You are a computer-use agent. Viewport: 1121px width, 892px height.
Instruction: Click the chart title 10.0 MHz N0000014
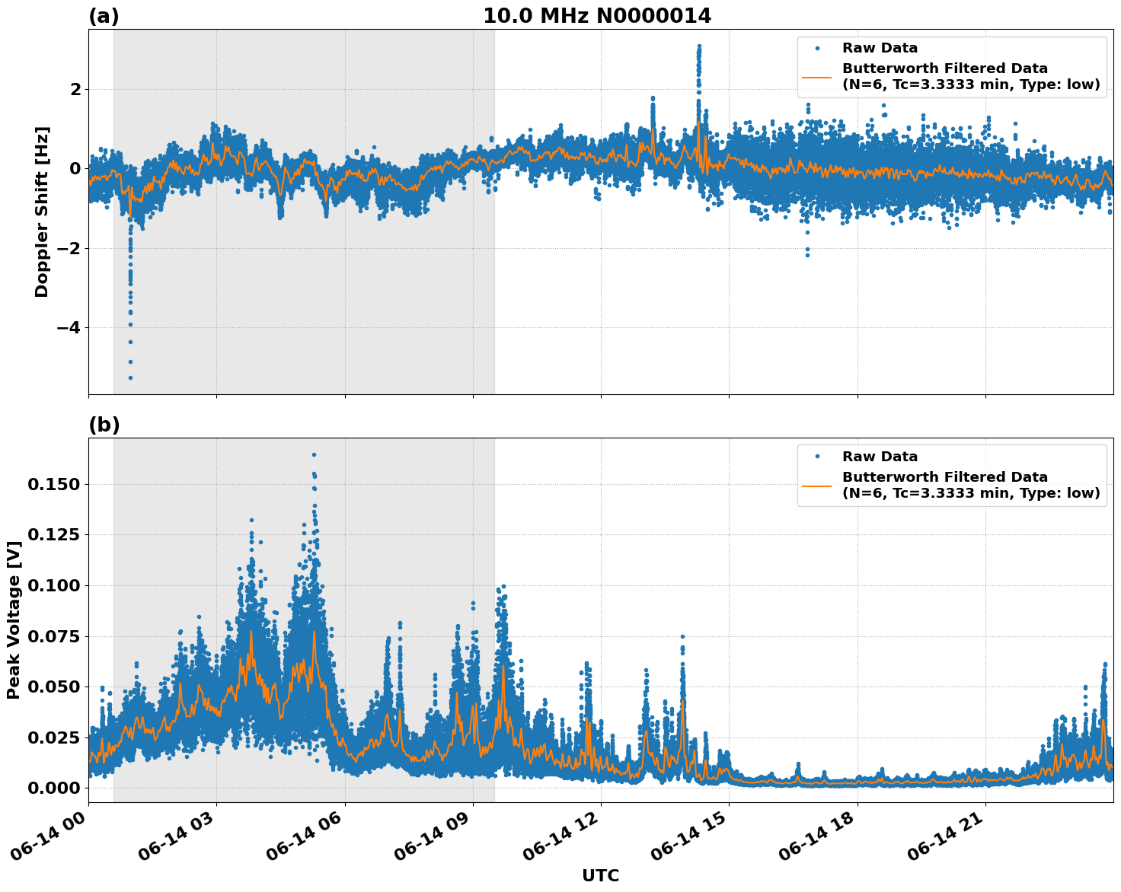[597, 16]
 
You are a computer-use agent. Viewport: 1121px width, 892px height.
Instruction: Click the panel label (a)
[104, 16]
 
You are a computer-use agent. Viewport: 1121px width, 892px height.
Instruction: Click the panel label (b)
[104, 425]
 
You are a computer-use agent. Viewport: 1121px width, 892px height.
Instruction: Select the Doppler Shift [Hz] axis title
[42, 212]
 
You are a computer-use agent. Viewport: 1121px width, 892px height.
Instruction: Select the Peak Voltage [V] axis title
[13, 620]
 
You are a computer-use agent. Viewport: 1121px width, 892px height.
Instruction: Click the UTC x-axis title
[600, 875]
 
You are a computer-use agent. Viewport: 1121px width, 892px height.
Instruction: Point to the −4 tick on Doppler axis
[70, 327]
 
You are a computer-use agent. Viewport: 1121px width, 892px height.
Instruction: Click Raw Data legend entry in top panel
[880, 48]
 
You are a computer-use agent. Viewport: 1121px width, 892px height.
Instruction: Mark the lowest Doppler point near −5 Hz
[130, 378]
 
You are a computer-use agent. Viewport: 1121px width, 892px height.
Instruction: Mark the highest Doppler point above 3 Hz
[698, 46]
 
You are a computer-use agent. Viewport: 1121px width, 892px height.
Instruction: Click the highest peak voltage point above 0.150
[314, 454]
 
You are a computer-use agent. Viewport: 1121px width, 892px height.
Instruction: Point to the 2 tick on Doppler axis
[75, 89]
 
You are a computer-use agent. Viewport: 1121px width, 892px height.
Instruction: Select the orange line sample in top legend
[816, 76]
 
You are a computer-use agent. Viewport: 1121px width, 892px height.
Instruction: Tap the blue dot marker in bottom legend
[816, 457]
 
